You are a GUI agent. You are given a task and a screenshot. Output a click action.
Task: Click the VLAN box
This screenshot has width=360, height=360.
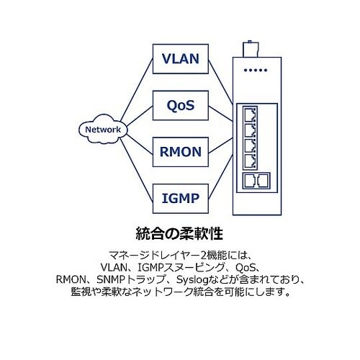click(x=181, y=59)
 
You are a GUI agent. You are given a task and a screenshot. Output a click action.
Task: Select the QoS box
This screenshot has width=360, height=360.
click(x=181, y=105)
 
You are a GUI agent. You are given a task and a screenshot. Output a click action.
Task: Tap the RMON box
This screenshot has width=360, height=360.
click(x=181, y=152)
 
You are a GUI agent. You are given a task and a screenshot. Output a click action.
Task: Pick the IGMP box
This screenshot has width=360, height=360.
click(x=181, y=199)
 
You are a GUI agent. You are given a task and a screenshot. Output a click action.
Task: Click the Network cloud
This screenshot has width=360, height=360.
click(x=103, y=130)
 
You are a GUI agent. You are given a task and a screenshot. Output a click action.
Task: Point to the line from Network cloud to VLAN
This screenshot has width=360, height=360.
click(x=136, y=89)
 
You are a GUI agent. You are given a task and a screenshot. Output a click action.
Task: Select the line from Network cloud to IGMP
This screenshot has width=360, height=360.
click(x=136, y=170)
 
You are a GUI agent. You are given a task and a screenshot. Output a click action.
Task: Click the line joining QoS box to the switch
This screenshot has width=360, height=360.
click(x=220, y=113)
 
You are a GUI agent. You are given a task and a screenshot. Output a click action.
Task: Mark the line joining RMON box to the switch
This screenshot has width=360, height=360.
click(x=220, y=145)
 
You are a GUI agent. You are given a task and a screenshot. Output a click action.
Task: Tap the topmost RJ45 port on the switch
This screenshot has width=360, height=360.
click(x=250, y=114)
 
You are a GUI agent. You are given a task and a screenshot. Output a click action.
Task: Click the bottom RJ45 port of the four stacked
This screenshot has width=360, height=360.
click(x=250, y=162)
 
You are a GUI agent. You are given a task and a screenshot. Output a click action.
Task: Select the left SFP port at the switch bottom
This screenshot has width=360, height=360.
click(x=250, y=180)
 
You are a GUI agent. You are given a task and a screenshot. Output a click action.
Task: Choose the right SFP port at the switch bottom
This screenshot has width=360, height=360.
click(x=263, y=180)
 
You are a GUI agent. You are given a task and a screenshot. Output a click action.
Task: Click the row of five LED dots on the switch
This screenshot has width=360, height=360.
click(x=256, y=71)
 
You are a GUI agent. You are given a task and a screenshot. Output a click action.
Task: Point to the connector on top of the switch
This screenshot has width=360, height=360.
click(x=251, y=49)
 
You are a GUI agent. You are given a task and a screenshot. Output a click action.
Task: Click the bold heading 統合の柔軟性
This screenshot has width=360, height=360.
click(x=179, y=233)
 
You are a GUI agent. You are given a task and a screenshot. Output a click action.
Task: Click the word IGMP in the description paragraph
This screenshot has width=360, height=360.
click(x=147, y=267)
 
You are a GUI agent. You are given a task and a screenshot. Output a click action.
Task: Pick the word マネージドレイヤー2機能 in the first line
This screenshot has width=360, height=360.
click(x=168, y=256)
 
